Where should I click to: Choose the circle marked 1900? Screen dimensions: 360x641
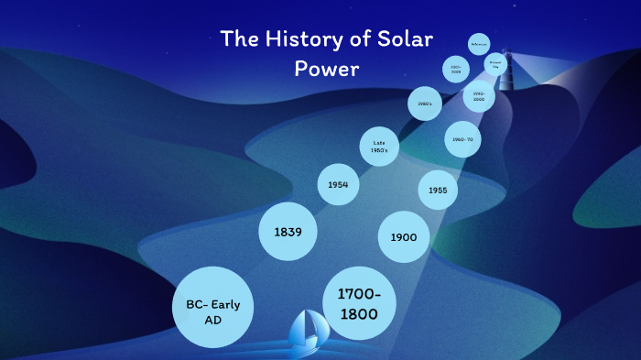pyautogui.click(x=403, y=237)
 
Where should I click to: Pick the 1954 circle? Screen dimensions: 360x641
pyautogui.click(x=338, y=185)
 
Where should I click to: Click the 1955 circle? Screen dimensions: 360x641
pyautogui.click(x=437, y=191)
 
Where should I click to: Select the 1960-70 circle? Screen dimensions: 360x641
pyautogui.click(x=462, y=140)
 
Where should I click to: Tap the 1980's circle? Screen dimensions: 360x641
pyautogui.click(x=424, y=104)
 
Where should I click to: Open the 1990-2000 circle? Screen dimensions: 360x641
pyautogui.click(x=479, y=96)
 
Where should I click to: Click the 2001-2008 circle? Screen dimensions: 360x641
pyautogui.click(x=455, y=70)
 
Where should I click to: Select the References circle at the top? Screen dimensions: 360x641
pyautogui.click(x=479, y=44)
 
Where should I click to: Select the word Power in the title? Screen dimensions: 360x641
pyautogui.click(x=327, y=68)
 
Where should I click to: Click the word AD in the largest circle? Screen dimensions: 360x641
pyautogui.click(x=212, y=321)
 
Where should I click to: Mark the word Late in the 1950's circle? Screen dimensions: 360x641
pyautogui.click(x=379, y=141)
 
